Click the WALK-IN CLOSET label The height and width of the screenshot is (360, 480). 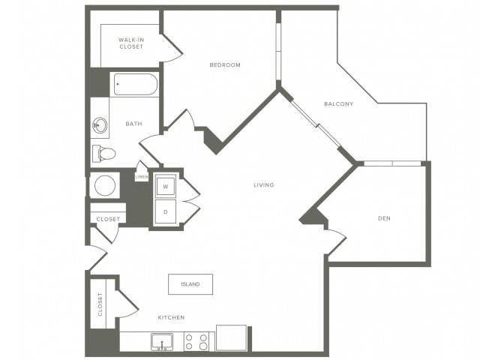[x=131, y=43]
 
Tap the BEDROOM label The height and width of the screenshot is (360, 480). [x=225, y=65]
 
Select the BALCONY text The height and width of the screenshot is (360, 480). [x=338, y=103]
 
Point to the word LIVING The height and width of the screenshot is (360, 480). [x=263, y=185]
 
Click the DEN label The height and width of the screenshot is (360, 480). [x=384, y=218]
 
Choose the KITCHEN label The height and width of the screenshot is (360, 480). [x=171, y=317]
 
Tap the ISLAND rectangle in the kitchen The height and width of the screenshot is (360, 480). [x=190, y=284]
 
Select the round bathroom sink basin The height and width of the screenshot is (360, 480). [x=100, y=125]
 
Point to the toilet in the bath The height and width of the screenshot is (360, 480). [x=103, y=154]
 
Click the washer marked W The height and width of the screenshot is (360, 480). [x=166, y=186]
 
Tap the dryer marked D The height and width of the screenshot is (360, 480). [x=166, y=211]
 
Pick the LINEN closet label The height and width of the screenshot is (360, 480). [x=142, y=177]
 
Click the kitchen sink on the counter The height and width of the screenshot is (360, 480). [x=162, y=342]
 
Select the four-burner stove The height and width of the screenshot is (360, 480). [x=196, y=342]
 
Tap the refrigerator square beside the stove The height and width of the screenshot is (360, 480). [x=232, y=338]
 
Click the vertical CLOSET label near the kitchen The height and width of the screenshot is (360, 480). [x=100, y=304]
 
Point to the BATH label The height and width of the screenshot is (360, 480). [x=133, y=124]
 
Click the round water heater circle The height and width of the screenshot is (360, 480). [x=105, y=185]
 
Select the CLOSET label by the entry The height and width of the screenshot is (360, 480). [x=108, y=219]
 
